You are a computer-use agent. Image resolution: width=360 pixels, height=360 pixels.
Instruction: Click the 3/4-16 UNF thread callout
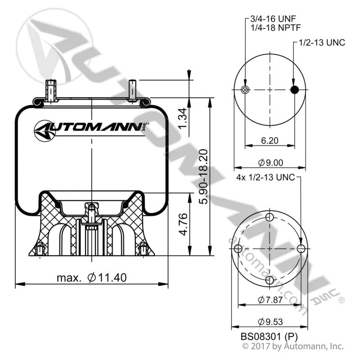[273, 18]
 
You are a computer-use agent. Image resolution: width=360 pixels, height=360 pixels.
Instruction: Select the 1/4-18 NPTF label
[275, 28]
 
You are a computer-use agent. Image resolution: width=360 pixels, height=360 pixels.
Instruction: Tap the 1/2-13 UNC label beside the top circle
[322, 42]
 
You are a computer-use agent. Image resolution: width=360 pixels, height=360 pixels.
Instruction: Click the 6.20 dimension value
[270, 140]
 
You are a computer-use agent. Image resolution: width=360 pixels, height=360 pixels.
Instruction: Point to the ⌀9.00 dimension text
[270, 163]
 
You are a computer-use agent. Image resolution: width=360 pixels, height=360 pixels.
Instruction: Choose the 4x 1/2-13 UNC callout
[265, 177]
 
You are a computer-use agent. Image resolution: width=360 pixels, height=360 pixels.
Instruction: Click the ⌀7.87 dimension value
[270, 300]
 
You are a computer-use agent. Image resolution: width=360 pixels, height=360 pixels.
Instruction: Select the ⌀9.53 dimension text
[270, 322]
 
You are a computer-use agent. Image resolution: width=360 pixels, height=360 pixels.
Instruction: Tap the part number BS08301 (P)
[269, 337]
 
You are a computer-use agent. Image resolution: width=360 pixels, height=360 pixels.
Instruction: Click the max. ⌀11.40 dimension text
[92, 278]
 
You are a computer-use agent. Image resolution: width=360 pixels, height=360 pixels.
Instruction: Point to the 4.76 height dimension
[183, 224]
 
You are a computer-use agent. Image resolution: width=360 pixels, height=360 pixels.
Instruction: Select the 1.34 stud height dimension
[183, 118]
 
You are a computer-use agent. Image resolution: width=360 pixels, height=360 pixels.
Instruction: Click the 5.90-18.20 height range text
[203, 176]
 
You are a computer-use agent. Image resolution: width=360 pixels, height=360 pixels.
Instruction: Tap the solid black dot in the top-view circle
[295, 90]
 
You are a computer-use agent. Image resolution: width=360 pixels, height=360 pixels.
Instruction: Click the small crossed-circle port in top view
[245, 90]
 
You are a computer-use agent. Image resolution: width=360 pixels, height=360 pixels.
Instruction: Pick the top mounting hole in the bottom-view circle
[270, 217]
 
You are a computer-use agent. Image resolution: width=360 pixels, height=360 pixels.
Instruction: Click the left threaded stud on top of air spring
[51, 90]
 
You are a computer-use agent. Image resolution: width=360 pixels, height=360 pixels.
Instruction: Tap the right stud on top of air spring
[132, 91]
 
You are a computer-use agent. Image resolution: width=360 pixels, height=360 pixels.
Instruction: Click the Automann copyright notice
[293, 346]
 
